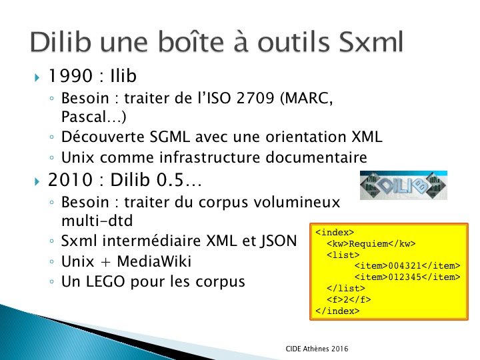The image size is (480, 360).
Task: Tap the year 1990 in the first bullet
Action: coord(71,75)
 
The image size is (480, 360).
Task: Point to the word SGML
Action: coord(169,137)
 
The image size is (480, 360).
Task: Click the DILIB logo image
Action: coord(403,185)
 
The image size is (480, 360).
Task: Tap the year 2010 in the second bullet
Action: coord(71,179)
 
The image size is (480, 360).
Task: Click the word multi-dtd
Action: coord(97,221)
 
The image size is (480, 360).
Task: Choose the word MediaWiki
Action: coord(154,261)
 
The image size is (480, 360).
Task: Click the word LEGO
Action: coord(105,281)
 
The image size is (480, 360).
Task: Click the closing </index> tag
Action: coord(337,311)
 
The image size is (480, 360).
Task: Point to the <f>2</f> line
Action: coord(349,299)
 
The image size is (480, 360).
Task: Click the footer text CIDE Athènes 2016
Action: coord(317,349)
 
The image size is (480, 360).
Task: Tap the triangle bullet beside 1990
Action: coord(37,77)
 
